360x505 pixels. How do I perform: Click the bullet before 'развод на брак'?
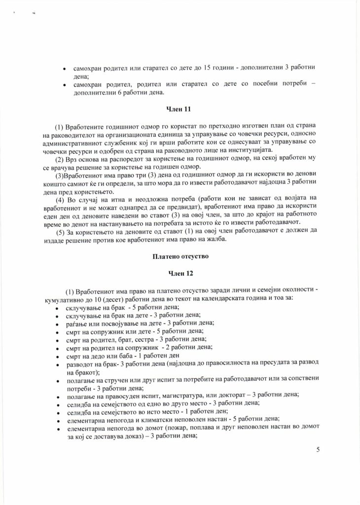pos(59,364)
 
